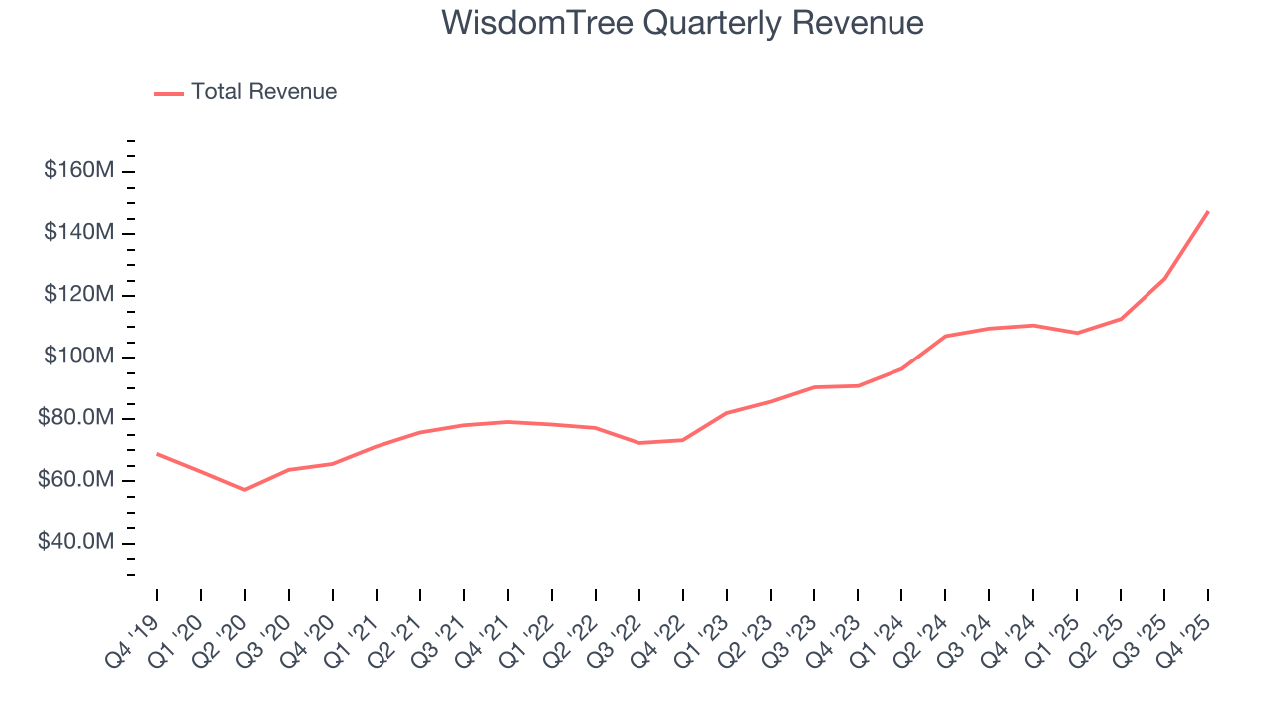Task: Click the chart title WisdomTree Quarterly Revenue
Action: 683,23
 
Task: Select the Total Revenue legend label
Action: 264,92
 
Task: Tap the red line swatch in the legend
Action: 169,93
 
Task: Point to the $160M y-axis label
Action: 79,171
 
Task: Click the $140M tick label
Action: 79,233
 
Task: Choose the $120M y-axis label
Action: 79,295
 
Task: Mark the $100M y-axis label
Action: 79,357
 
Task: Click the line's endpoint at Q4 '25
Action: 1208,211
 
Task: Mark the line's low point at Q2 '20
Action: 244,490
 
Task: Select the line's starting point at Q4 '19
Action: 157,454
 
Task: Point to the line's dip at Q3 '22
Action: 638,443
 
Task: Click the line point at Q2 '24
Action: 945,336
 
